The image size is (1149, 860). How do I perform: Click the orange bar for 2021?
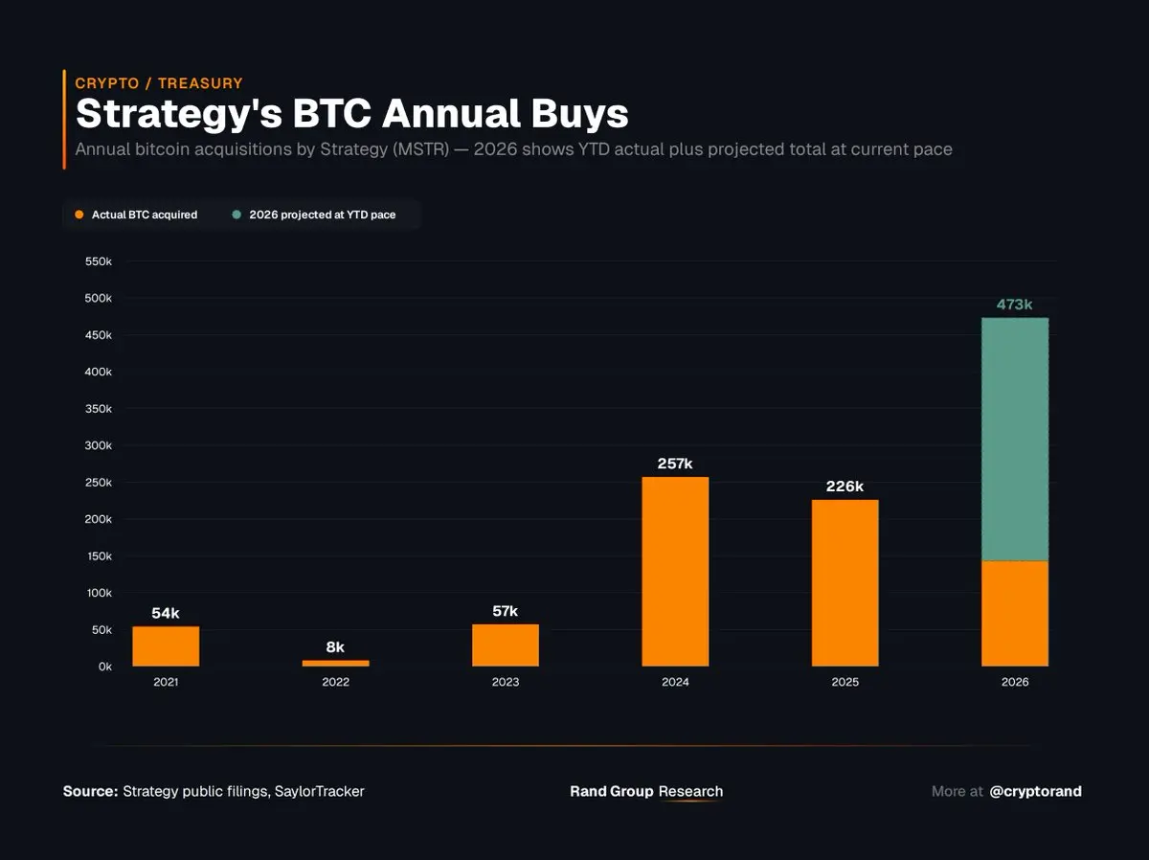tap(166, 646)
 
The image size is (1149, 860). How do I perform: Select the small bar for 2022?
tap(335, 663)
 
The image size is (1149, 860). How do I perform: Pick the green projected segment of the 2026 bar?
tap(1015, 440)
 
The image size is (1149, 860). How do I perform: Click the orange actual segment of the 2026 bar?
tap(1015, 614)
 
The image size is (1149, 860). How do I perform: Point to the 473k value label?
tap(1015, 305)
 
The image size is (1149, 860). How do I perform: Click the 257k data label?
tap(675, 464)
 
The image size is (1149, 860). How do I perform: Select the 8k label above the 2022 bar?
tap(335, 647)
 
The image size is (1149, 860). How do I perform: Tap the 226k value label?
tap(845, 487)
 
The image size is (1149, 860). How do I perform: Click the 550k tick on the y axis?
tap(99, 261)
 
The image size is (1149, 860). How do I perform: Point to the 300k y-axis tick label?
tap(99, 445)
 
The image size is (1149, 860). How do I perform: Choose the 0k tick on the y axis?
tap(103, 667)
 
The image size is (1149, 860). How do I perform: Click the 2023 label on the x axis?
tap(506, 683)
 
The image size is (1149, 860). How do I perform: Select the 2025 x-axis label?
tap(845, 683)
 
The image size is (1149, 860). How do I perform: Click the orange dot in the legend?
tap(79, 215)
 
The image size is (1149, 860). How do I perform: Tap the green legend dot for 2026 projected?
tap(237, 215)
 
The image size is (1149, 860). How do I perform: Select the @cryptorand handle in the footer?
tap(1035, 791)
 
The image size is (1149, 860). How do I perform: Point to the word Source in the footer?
tap(90, 791)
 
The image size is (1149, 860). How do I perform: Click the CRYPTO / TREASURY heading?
tap(159, 83)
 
